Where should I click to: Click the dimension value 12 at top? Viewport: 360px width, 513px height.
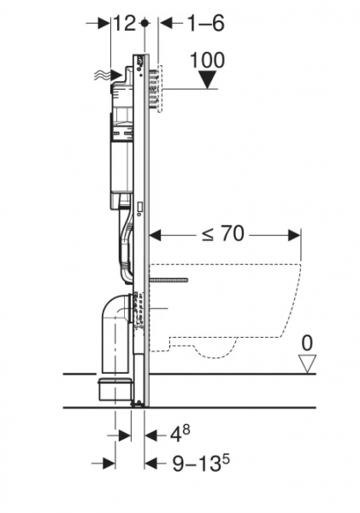[124, 24]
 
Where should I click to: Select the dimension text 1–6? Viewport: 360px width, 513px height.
[206, 24]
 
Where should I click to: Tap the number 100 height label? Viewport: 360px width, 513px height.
[208, 61]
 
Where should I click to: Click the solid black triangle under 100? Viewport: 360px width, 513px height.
[208, 80]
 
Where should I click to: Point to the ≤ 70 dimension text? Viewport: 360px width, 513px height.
[223, 233]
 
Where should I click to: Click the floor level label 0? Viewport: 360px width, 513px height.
[307, 343]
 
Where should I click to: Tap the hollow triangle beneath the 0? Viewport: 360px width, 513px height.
[307, 363]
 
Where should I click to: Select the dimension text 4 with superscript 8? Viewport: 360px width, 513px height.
[180, 434]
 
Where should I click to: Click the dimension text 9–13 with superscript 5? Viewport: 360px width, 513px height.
[201, 462]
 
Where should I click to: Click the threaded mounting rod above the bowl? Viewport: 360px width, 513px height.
[168, 280]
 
